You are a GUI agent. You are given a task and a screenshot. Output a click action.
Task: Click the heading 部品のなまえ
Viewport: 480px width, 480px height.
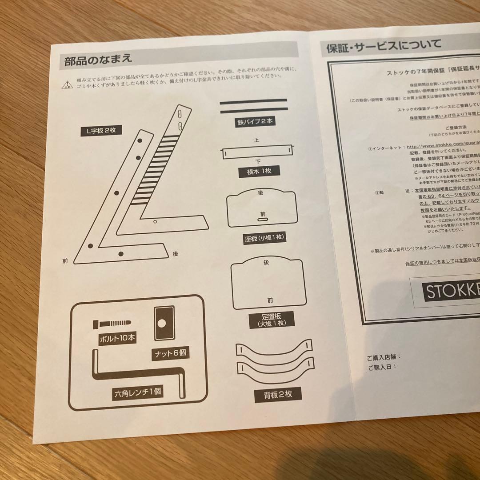pyautogui.click(x=98, y=60)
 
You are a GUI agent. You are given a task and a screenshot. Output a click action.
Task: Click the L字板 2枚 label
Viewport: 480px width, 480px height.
pyautogui.click(x=101, y=131)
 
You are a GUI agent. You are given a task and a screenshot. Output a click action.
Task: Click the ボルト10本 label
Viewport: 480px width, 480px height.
pyautogui.click(x=117, y=338)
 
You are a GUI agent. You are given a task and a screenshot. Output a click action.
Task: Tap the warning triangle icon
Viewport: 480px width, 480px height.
pyautogui.click(x=66, y=84)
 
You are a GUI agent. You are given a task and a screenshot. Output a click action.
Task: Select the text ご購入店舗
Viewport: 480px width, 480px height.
pyautogui.click(x=384, y=357)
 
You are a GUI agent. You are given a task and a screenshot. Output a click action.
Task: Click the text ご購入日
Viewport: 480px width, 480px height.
pyautogui.click(x=381, y=367)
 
